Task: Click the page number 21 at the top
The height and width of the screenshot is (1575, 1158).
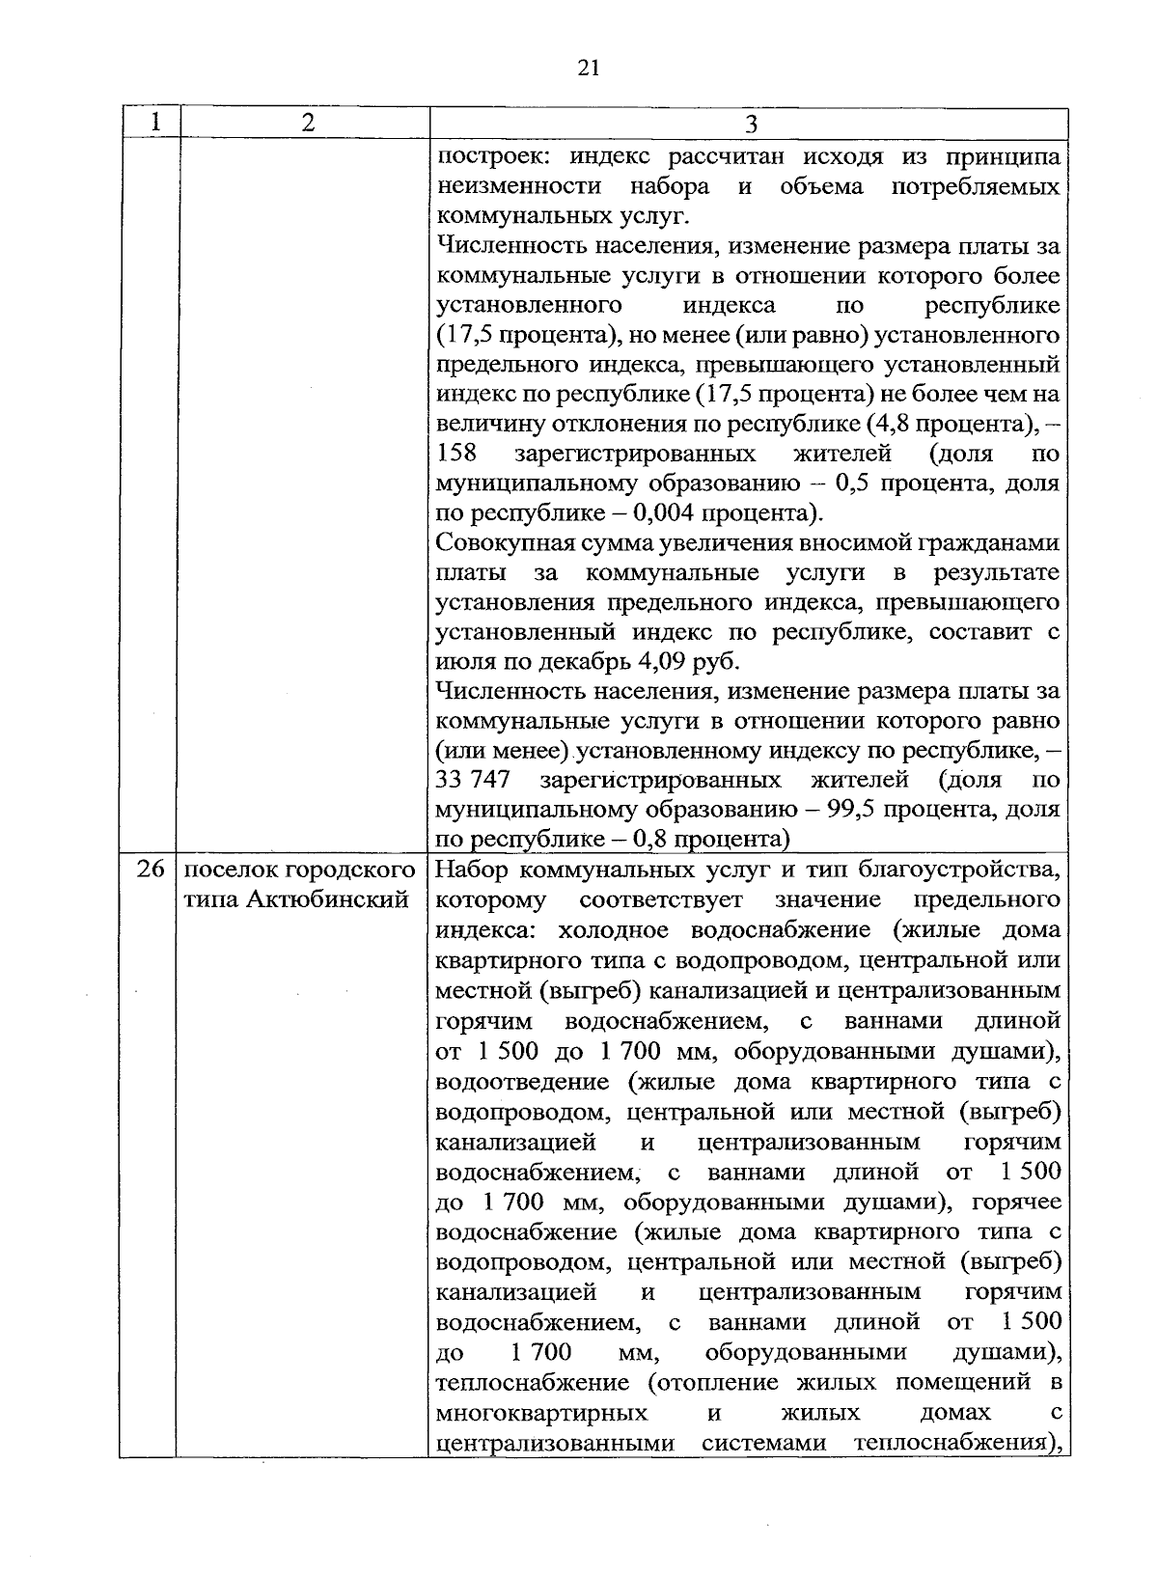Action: (589, 67)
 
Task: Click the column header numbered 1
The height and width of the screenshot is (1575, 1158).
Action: (152, 123)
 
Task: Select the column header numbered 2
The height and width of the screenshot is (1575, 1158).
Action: (307, 123)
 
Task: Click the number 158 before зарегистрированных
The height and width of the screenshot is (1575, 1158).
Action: (457, 453)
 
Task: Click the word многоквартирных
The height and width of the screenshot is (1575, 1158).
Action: (541, 1412)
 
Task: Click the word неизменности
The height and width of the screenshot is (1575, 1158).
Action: (518, 185)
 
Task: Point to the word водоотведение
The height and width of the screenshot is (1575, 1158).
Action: (522, 1081)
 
